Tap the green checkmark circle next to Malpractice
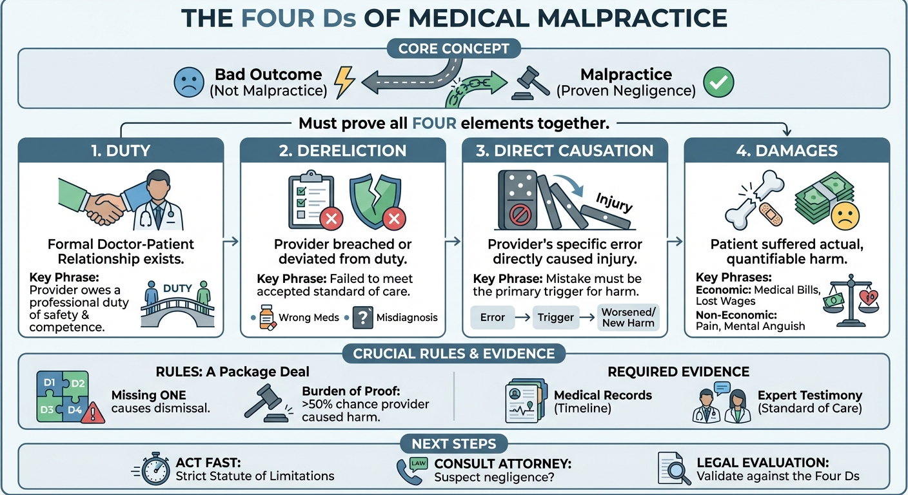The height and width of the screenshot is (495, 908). pyautogui.click(x=718, y=82)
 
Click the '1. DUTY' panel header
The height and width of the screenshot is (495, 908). pyautogui.click(x=121, y=151)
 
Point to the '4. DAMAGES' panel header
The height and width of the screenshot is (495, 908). pyautogui.click(x=787, y=151)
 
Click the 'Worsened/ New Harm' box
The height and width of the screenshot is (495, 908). pyautogui.click(x=628, y=317)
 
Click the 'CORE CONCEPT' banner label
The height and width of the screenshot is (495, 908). pyautogui.click(x=453, y=49)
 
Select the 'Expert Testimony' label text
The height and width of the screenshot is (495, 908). pyautogui.click(x=809, y=395)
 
